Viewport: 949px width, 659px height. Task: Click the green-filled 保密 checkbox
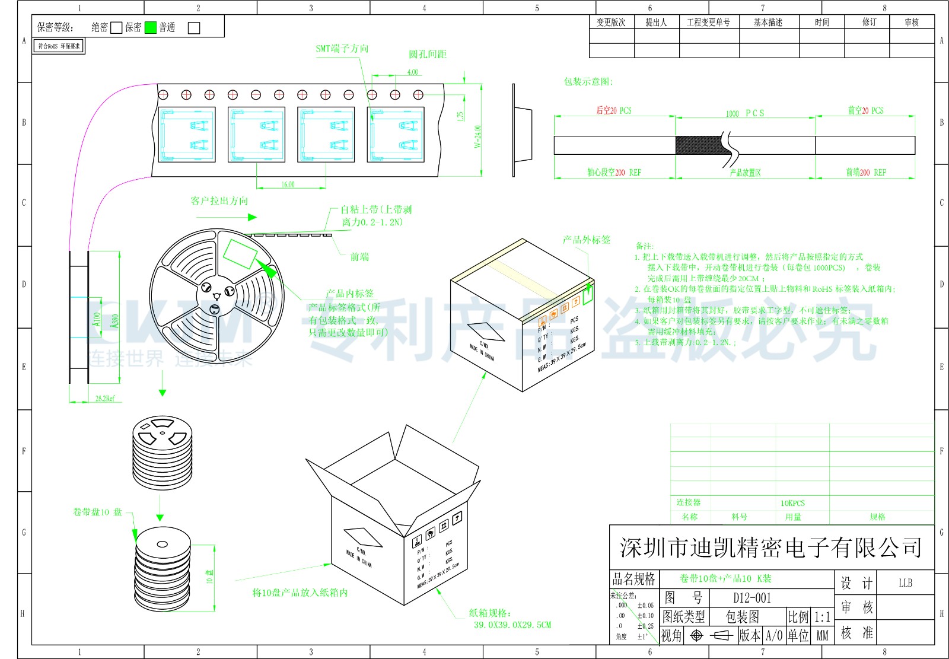tap(150, 27)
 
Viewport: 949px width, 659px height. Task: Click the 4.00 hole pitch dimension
tap(412, 72)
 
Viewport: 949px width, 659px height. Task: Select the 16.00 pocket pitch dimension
tap(288, 184)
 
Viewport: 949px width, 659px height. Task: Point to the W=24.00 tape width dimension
tap(478, 136)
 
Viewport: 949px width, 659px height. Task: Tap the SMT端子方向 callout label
tap(342, 49)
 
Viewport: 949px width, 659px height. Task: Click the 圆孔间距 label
tap(427, 55)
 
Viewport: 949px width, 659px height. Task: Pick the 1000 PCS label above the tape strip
tap(745, 113)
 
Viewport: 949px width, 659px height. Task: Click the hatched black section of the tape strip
tap(699, 145)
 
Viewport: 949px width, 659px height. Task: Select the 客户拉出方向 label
tap(219, 201)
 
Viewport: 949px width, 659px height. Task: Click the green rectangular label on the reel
tap(240, 253)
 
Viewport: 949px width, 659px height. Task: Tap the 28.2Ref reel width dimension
tap(105, 399)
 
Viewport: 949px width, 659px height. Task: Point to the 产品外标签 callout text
tap(586, 240)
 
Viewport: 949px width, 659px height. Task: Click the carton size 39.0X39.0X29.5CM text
tap(512, 625)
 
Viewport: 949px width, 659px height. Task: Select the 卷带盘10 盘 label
tap(97, 512)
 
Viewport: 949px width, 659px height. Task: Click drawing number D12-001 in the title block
tap(751, 598)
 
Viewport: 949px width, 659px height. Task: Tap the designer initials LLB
tap(905, 583)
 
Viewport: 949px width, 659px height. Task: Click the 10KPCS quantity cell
tap(792, 503)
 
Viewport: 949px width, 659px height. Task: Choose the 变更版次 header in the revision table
tap(611, 23)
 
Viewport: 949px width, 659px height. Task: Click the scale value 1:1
tap(821, 617)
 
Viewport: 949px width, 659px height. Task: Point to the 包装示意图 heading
tap(588, 82)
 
